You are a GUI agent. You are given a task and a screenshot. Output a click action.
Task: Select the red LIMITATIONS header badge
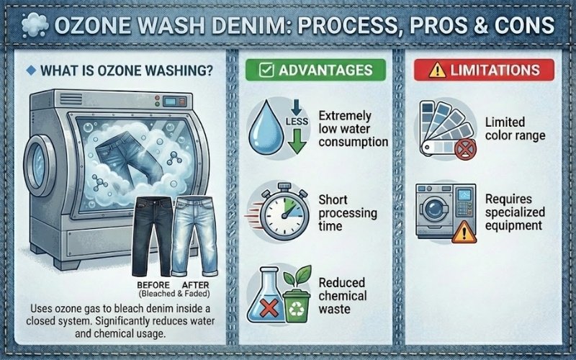click(483, 70)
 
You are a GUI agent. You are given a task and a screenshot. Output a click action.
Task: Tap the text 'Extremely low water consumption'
click(352, 129)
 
